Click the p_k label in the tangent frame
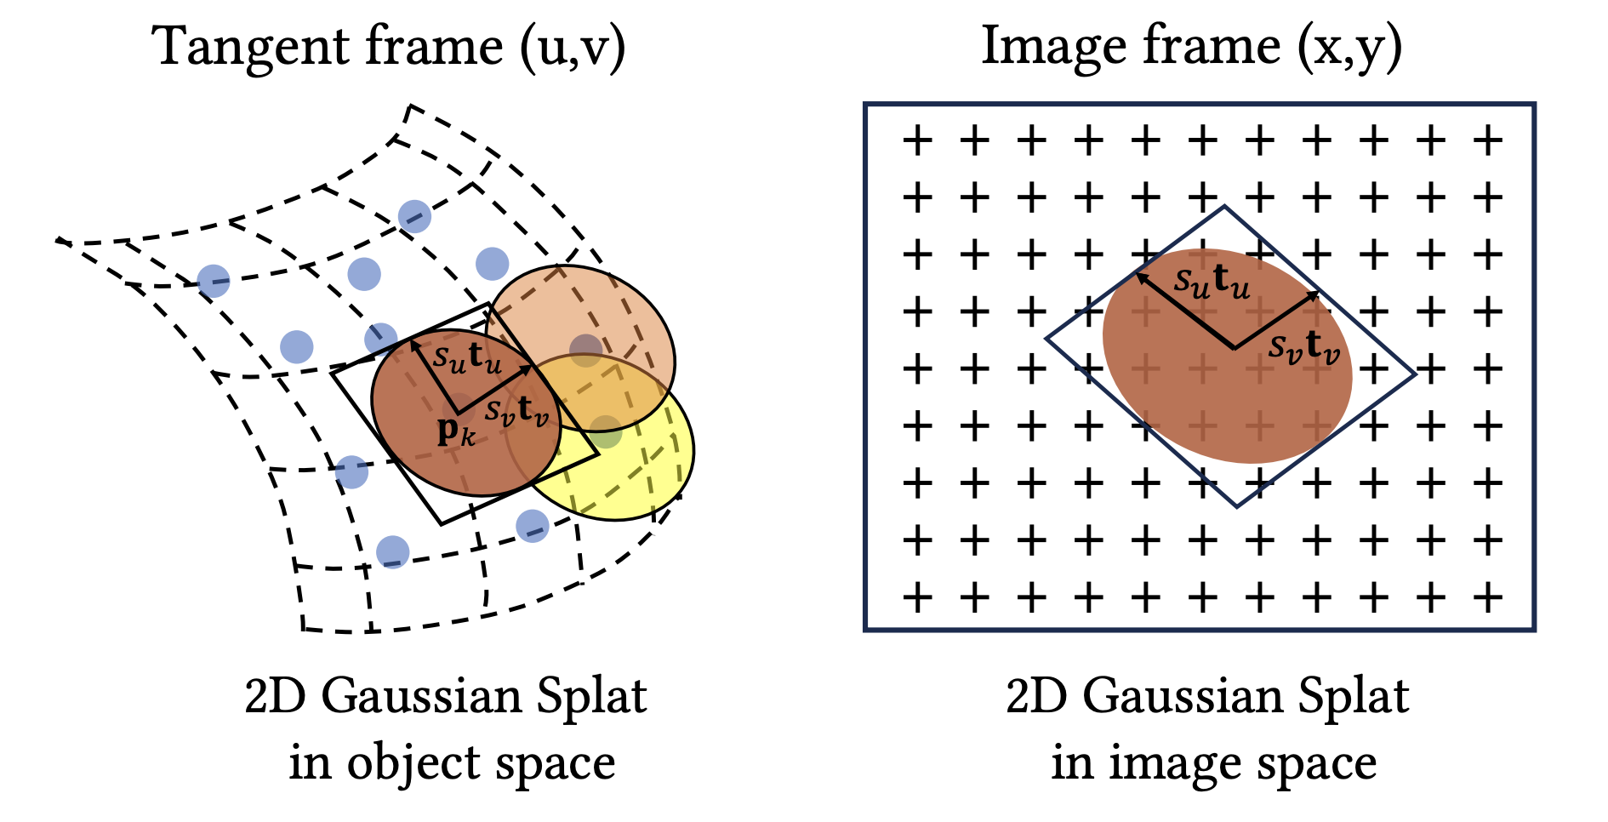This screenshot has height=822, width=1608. click(455, 432)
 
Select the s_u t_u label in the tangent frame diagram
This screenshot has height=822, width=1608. click(467, 357)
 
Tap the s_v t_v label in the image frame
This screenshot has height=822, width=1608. click(1303, 346)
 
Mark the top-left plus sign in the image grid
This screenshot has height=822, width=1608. click(916, 140)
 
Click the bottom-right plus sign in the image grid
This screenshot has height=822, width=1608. click(1488, 597)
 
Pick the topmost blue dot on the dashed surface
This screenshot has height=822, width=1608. click(414, 216)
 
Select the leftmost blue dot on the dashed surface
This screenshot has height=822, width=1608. click(214, 280)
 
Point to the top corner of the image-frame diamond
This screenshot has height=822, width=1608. click(1224, 207)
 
